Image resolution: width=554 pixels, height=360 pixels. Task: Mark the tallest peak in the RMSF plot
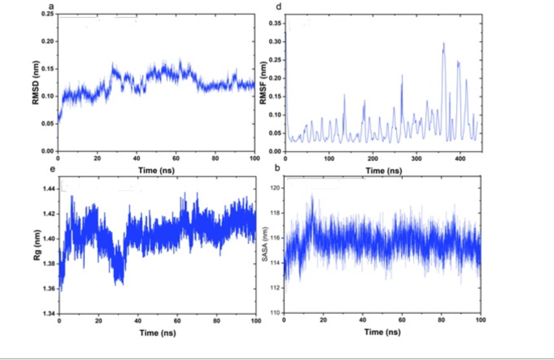tap(443, 44)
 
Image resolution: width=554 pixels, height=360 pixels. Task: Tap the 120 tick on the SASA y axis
tap(276, 188)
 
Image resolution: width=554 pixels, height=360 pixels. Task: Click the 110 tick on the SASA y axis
tap(276, 312)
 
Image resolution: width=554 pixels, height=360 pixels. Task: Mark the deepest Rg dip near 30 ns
tap(120, 282)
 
